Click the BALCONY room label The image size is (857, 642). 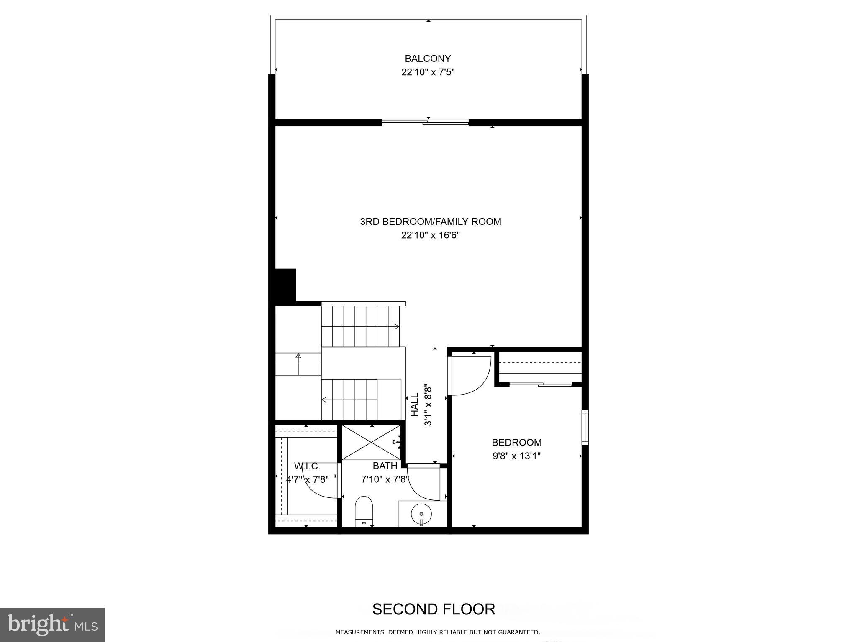pos(428,59)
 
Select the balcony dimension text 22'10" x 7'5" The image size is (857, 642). pos(428,72)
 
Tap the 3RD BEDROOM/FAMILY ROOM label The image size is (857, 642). pos(430,222)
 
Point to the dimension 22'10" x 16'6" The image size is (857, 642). pos(430,235)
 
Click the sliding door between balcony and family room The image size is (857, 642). pos(425,122)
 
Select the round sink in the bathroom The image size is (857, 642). pos(421,513)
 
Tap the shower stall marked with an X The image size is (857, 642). pos(371,442)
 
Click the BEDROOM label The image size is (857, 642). pos(516,442)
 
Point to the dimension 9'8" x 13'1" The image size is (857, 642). pos(516,456)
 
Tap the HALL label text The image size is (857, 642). pos(415,405)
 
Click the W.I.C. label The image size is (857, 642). pos(307,466)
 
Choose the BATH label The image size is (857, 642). pos(385,466)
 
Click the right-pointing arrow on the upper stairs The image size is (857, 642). pos(396,326)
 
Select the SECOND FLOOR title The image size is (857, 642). pos(434,609)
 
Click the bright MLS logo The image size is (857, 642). pos(52,624)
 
